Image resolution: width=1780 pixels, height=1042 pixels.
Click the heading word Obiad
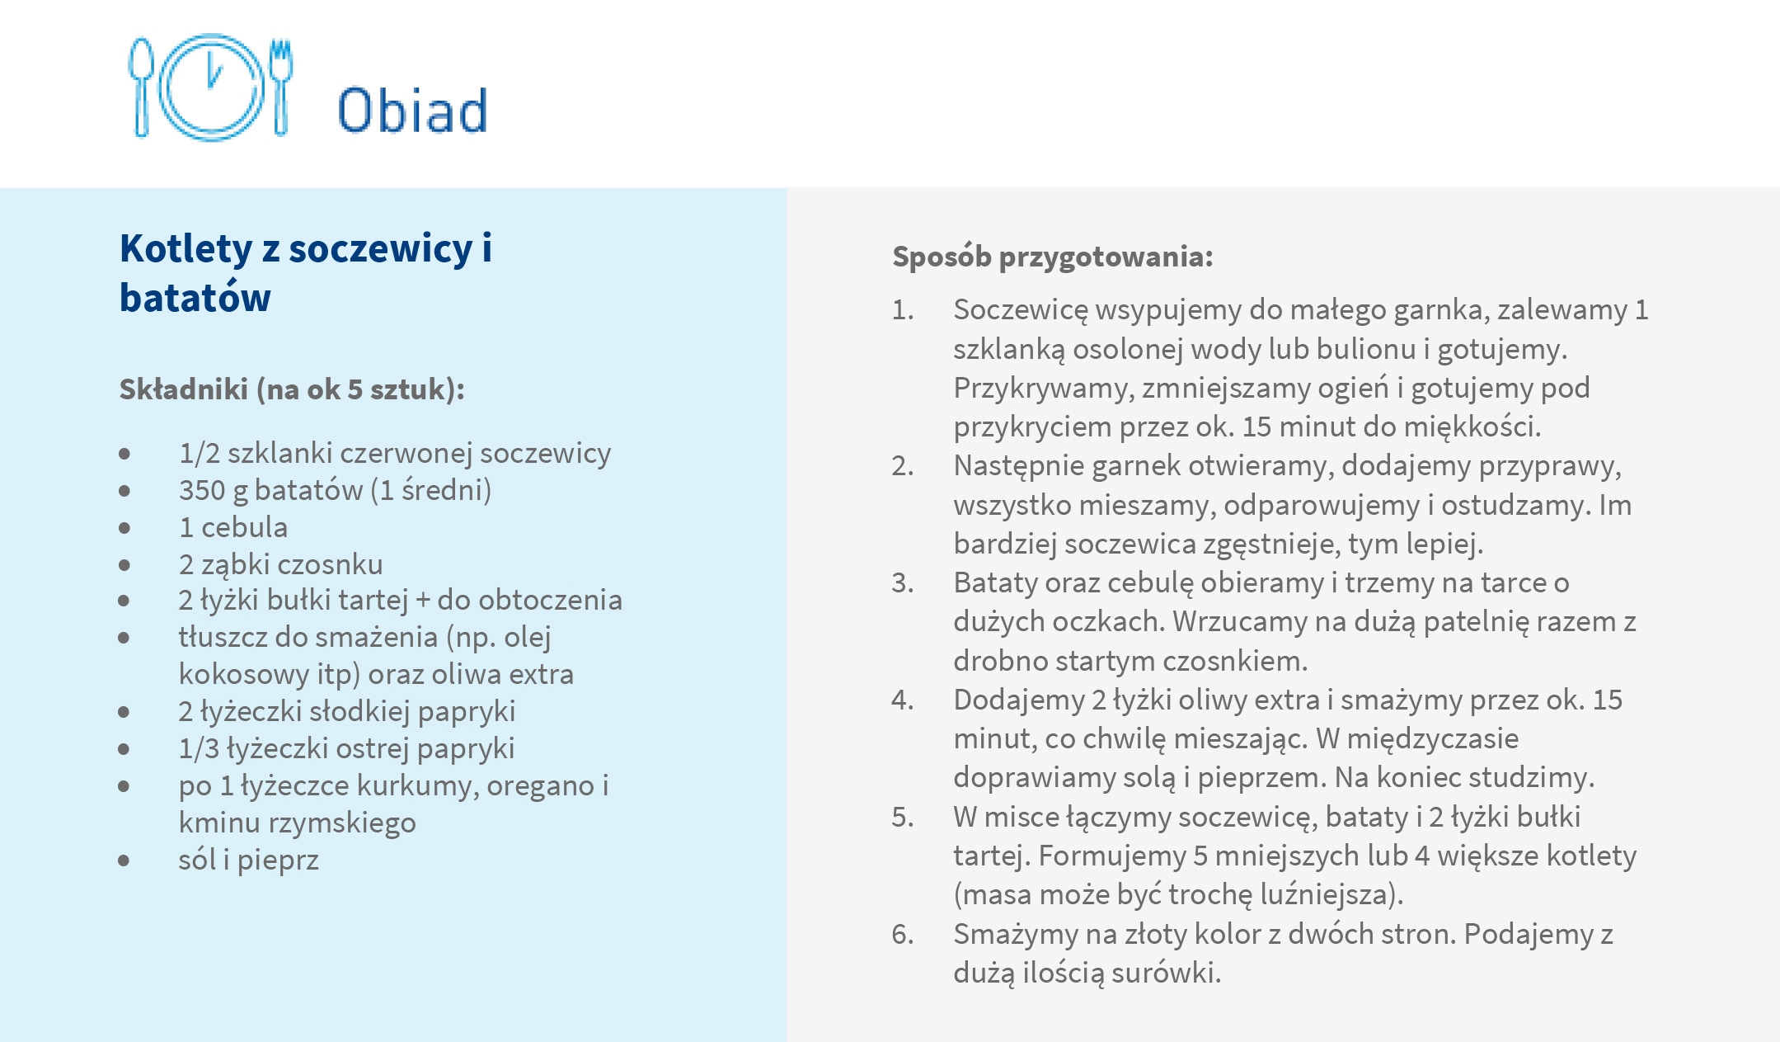[x=413, y=110]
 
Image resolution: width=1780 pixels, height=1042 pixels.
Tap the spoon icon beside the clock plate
[x=141, y=86]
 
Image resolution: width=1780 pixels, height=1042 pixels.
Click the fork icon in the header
[x=281, y=86]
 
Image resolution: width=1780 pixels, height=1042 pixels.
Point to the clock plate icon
[x=211, y=87]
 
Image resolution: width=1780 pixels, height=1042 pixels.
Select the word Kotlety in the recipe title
[x=186, y=248]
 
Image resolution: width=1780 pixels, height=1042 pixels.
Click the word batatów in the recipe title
[x=195, y=297]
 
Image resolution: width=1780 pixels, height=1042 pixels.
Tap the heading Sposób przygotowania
[x=1053, y=257]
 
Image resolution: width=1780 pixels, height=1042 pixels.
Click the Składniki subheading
[x=292, y=389]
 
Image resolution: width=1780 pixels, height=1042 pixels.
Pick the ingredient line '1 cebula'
[x=233, y=527]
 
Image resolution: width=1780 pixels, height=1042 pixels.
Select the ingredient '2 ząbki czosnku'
[x=281, y=564]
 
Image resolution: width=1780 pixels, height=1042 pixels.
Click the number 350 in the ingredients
[x=202, y=490]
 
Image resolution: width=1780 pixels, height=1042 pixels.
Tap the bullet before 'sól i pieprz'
[x=124, y=860]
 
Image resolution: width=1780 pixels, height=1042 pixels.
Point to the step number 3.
[x=903, y=583]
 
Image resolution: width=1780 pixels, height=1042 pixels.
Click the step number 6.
[x=903, y=935]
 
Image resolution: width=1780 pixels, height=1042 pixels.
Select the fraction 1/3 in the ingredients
[x=199, y=748]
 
